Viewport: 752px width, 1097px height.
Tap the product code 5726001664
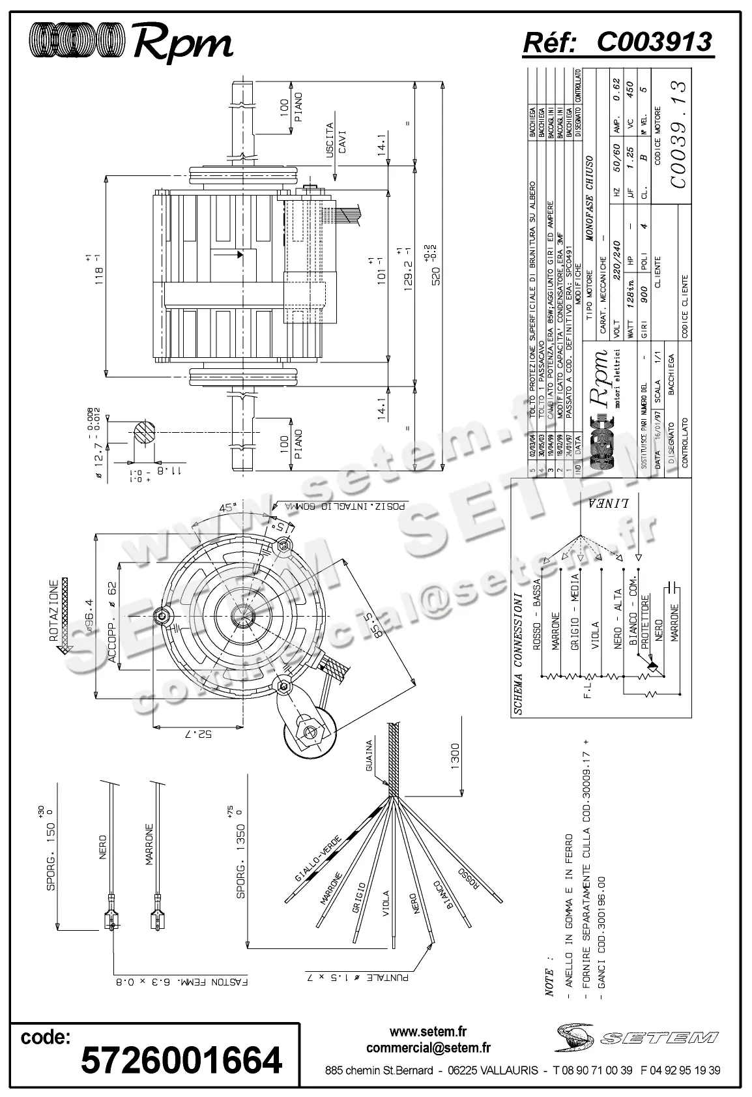[x=181, y=1059]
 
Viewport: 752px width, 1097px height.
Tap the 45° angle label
[x=227, y=508]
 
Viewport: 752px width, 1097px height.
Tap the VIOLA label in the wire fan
[x=386, y=903]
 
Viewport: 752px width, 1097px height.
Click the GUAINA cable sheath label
[x=369, y=756]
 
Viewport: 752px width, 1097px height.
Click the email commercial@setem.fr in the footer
[x=428, y=1048]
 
